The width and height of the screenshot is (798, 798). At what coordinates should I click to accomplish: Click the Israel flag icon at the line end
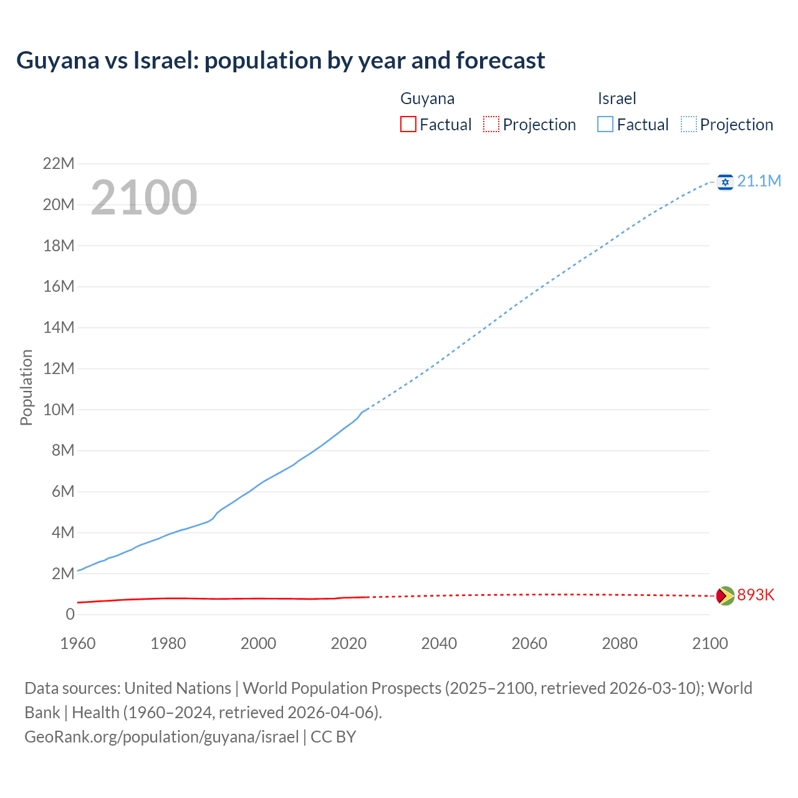point(725,181)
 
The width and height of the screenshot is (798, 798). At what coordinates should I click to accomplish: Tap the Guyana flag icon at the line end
point(725,595)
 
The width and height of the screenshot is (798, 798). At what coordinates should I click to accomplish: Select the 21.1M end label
point(759,181)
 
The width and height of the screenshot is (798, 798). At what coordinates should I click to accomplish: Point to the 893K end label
point(756,595)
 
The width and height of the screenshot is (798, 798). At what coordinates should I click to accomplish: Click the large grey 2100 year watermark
point(144,198)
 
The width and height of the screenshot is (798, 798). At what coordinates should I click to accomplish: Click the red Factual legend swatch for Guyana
point(408,124)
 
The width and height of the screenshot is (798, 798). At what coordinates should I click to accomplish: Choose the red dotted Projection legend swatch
point(491,124)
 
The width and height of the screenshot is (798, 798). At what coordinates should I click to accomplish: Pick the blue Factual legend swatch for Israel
point(605,124)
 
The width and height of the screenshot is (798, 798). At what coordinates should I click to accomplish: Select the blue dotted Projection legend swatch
point(689,124)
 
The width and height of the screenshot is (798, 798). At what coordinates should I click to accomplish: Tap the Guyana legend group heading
point(427,99)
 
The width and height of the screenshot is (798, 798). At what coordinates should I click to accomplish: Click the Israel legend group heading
point(617,99)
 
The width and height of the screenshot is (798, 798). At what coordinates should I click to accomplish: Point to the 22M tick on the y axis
point(59,164)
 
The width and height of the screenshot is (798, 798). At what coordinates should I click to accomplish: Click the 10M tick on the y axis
point(59,410)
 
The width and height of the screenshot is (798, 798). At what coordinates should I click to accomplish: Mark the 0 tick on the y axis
point(70,614)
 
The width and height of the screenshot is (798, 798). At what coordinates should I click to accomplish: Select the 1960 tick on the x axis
point(78,643)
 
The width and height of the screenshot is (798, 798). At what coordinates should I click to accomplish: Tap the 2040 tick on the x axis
point(439,643)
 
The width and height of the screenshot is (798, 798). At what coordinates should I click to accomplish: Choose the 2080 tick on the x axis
point(620,643)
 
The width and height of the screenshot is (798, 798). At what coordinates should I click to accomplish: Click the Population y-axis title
point(26,387)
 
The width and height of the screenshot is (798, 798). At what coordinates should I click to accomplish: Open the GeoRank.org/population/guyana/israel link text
point(161,736)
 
